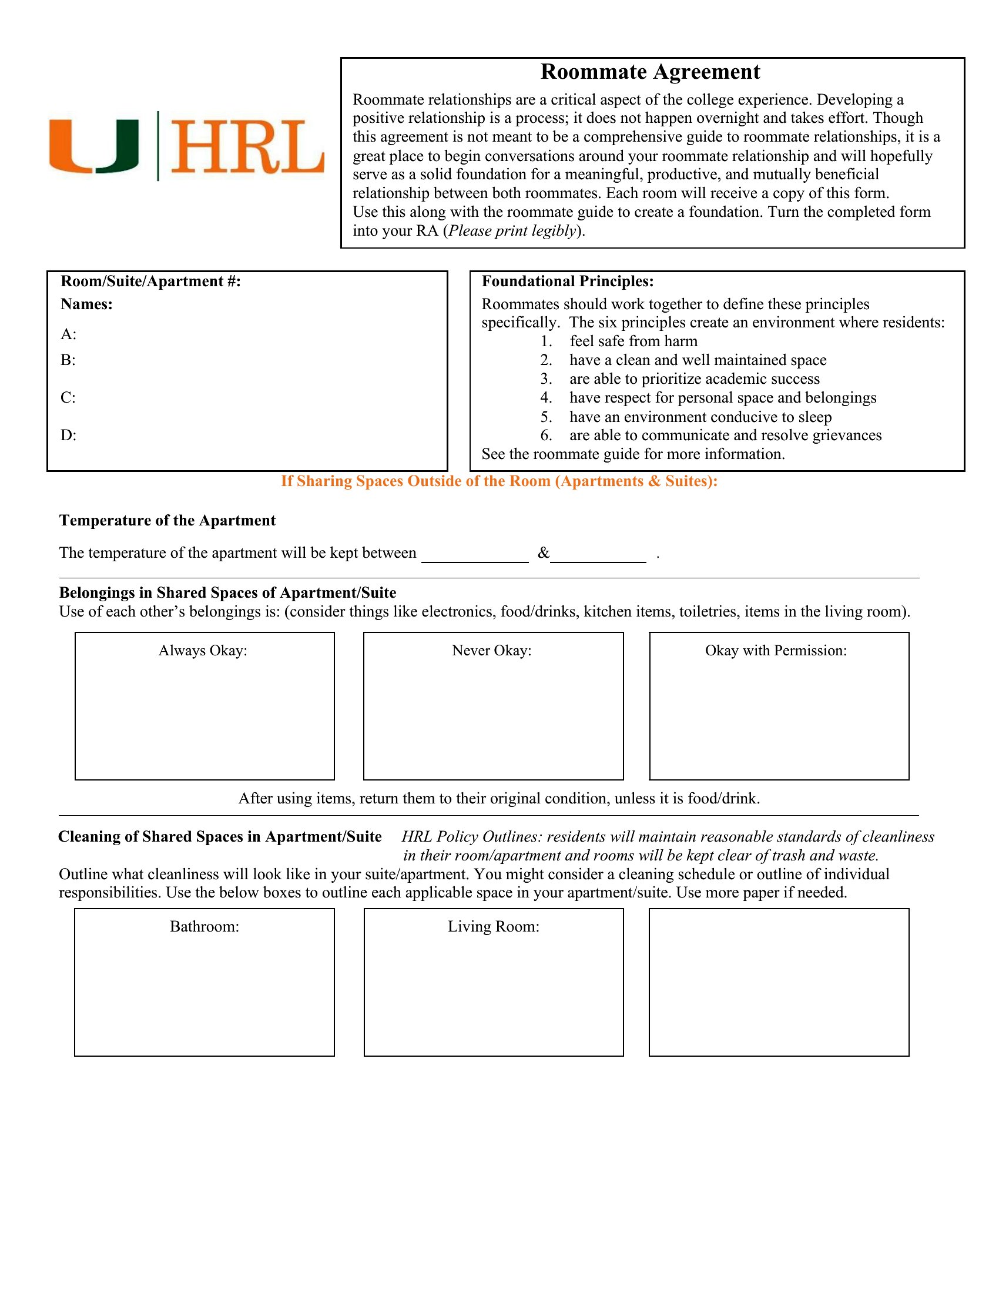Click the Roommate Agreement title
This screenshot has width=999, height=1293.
(650, 72)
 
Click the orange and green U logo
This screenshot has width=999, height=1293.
(93, 146)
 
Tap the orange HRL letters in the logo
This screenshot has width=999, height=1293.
(247, 146)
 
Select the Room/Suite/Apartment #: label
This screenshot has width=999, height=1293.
(150, 281)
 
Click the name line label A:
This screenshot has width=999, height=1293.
(68, 334)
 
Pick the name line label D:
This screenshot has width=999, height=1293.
(68, 436)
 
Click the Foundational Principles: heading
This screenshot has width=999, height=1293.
(567, 281)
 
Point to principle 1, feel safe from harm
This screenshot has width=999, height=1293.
(633, 341)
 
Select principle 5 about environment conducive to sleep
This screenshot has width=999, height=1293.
(700, 417)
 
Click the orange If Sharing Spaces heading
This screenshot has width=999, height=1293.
(499, 481)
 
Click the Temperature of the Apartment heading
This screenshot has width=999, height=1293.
(167, 521)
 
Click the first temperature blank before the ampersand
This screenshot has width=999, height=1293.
(475, 555)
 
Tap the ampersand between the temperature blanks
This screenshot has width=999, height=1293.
(544, 554)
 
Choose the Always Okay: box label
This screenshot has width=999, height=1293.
(202, 651)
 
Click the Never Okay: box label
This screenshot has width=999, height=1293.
(491, 651)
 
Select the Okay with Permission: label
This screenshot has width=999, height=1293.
(775, 651)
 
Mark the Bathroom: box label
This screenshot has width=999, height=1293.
(204, 926)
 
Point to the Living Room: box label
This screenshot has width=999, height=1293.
(493, 926)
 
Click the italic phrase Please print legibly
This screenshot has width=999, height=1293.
(512, 231)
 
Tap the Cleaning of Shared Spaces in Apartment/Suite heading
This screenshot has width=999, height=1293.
(220, 837)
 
